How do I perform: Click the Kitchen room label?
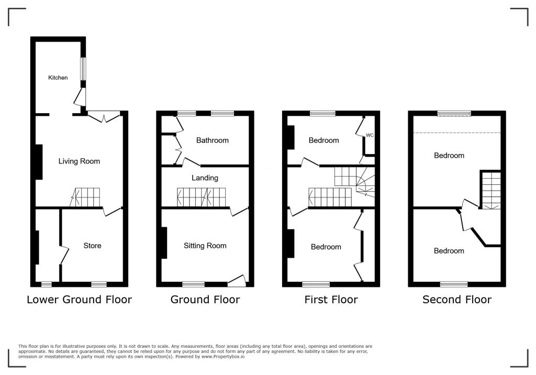click(58, 78)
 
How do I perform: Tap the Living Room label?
click(79, 161)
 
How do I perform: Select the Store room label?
click(93, 246)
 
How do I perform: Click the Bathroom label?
click(213, 140)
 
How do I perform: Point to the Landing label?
click(205, 178)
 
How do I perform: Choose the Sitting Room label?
click(205, 246)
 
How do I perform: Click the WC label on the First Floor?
click(370, 135)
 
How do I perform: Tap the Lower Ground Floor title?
click(79, 300)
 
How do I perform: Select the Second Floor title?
click(457, 300)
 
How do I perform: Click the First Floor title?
click(331, 300)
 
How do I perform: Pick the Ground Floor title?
click(205, 300)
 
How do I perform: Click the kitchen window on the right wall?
click(83, 69)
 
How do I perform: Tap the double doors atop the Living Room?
click(104, 117)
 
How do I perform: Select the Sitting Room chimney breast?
click(164, 242)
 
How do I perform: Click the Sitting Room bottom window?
click(193, 284)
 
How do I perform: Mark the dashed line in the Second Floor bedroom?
click(457, 133)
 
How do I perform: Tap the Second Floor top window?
click(454, 113)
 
